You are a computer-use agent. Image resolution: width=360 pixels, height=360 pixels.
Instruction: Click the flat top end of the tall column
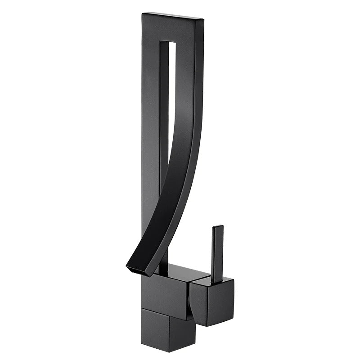[173, 16]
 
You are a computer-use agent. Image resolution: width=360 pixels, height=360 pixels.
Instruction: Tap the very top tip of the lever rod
[218, 226]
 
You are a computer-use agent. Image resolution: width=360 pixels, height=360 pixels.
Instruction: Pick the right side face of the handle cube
[227, 299]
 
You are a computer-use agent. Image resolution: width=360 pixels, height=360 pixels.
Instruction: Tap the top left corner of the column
[142, 14]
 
